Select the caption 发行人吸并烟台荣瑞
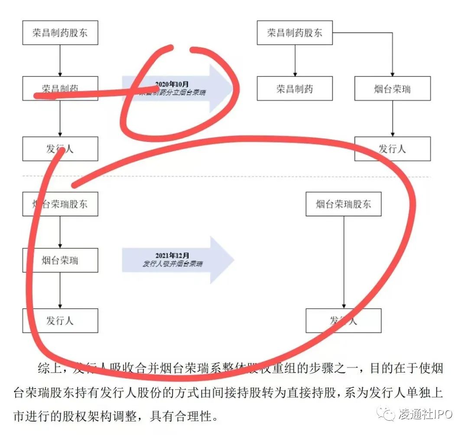[172, 264]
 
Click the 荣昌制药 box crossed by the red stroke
[60, 89]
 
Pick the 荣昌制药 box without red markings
[295, 89]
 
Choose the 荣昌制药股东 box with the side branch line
[295, 33]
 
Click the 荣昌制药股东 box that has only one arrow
[60, 33]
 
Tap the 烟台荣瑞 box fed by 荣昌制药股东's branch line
[392, 89]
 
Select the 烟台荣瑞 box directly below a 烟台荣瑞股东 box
[60, 260]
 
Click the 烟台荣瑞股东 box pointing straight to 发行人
[343, 204]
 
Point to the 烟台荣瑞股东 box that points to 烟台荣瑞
[60, 204]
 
